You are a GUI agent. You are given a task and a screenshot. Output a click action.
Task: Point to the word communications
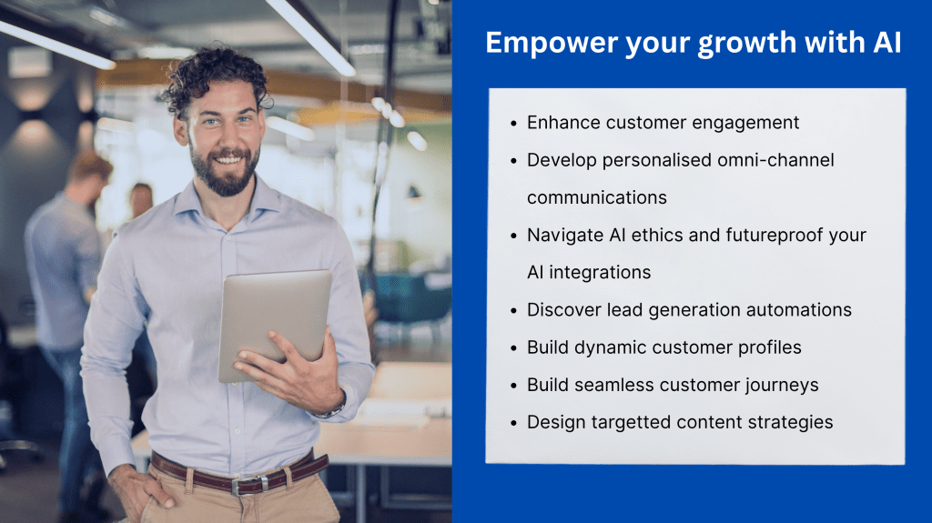(597, 197)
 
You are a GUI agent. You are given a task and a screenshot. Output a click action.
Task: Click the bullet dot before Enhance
(513, 124)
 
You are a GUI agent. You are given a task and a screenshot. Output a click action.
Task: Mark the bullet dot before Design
(513, 423)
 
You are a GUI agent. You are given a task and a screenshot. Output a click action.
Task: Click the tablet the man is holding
(275, 324)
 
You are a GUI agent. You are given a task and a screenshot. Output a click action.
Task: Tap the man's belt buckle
(245, 486)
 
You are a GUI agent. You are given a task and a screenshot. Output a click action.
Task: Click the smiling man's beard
(225, 172)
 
